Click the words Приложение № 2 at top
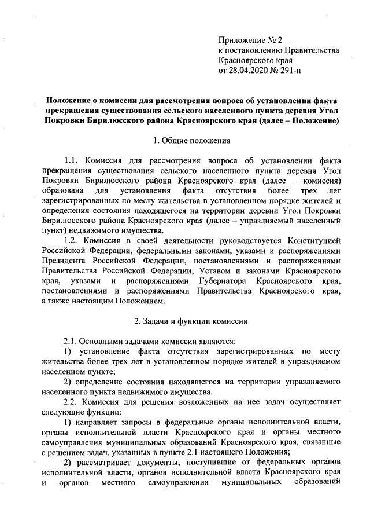(x=249, y=41)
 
